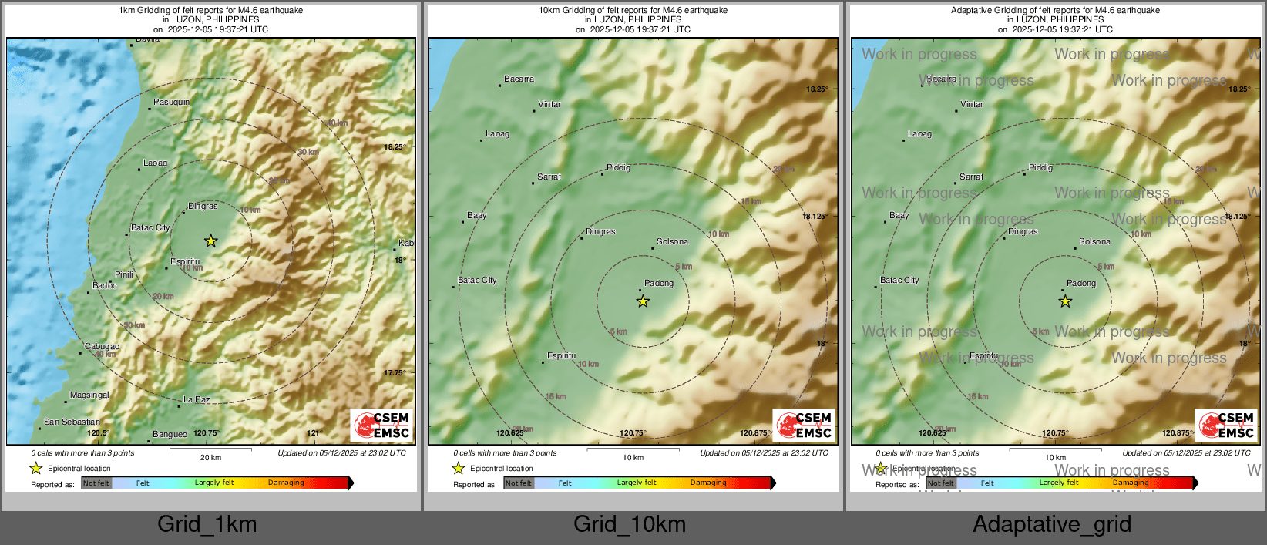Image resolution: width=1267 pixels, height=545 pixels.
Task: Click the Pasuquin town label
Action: coord(171,102)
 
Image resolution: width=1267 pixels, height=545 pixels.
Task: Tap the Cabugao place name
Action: coord(102,347)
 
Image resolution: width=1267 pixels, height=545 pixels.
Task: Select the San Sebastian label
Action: coord(72,422)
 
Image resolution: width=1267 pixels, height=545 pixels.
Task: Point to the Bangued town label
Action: coord(170,434)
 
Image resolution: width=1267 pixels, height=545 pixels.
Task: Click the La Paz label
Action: coord(197,399)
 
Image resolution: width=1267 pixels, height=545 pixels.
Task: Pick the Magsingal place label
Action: coord(89,395)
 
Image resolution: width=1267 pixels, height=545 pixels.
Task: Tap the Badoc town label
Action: coord(105,285)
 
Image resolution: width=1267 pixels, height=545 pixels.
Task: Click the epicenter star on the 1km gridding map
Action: coord(210,241)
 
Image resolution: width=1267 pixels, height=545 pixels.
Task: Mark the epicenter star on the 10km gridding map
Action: coord(643,301)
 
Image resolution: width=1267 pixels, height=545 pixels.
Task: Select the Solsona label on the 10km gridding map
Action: coord(672,241)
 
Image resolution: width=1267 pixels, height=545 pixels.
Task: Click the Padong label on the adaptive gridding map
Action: coord(1080,283)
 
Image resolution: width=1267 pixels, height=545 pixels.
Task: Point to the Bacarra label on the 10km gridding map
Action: coord(519,79)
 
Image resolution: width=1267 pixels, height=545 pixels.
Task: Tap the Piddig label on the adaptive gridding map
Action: coord(1040,167)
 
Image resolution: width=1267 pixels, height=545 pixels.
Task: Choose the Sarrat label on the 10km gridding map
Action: coord(549,177)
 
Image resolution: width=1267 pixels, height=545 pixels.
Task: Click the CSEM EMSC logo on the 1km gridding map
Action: coord(381,425)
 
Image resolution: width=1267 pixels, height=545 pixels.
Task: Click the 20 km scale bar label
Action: coord(210,457)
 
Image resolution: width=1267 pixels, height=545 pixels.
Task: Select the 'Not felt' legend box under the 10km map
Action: coord(519,483)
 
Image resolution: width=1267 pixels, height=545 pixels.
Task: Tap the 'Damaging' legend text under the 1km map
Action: coord(286,483)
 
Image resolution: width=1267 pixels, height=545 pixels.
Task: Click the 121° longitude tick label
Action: coord(314,433)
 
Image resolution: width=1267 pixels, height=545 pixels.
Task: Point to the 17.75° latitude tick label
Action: coord(394,373)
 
